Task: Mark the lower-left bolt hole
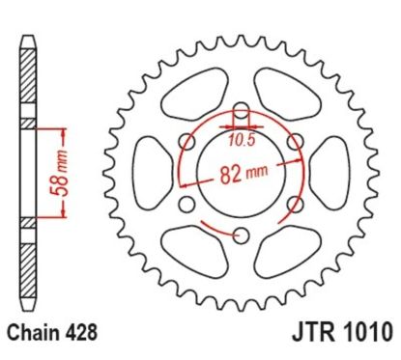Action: [186, 202]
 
